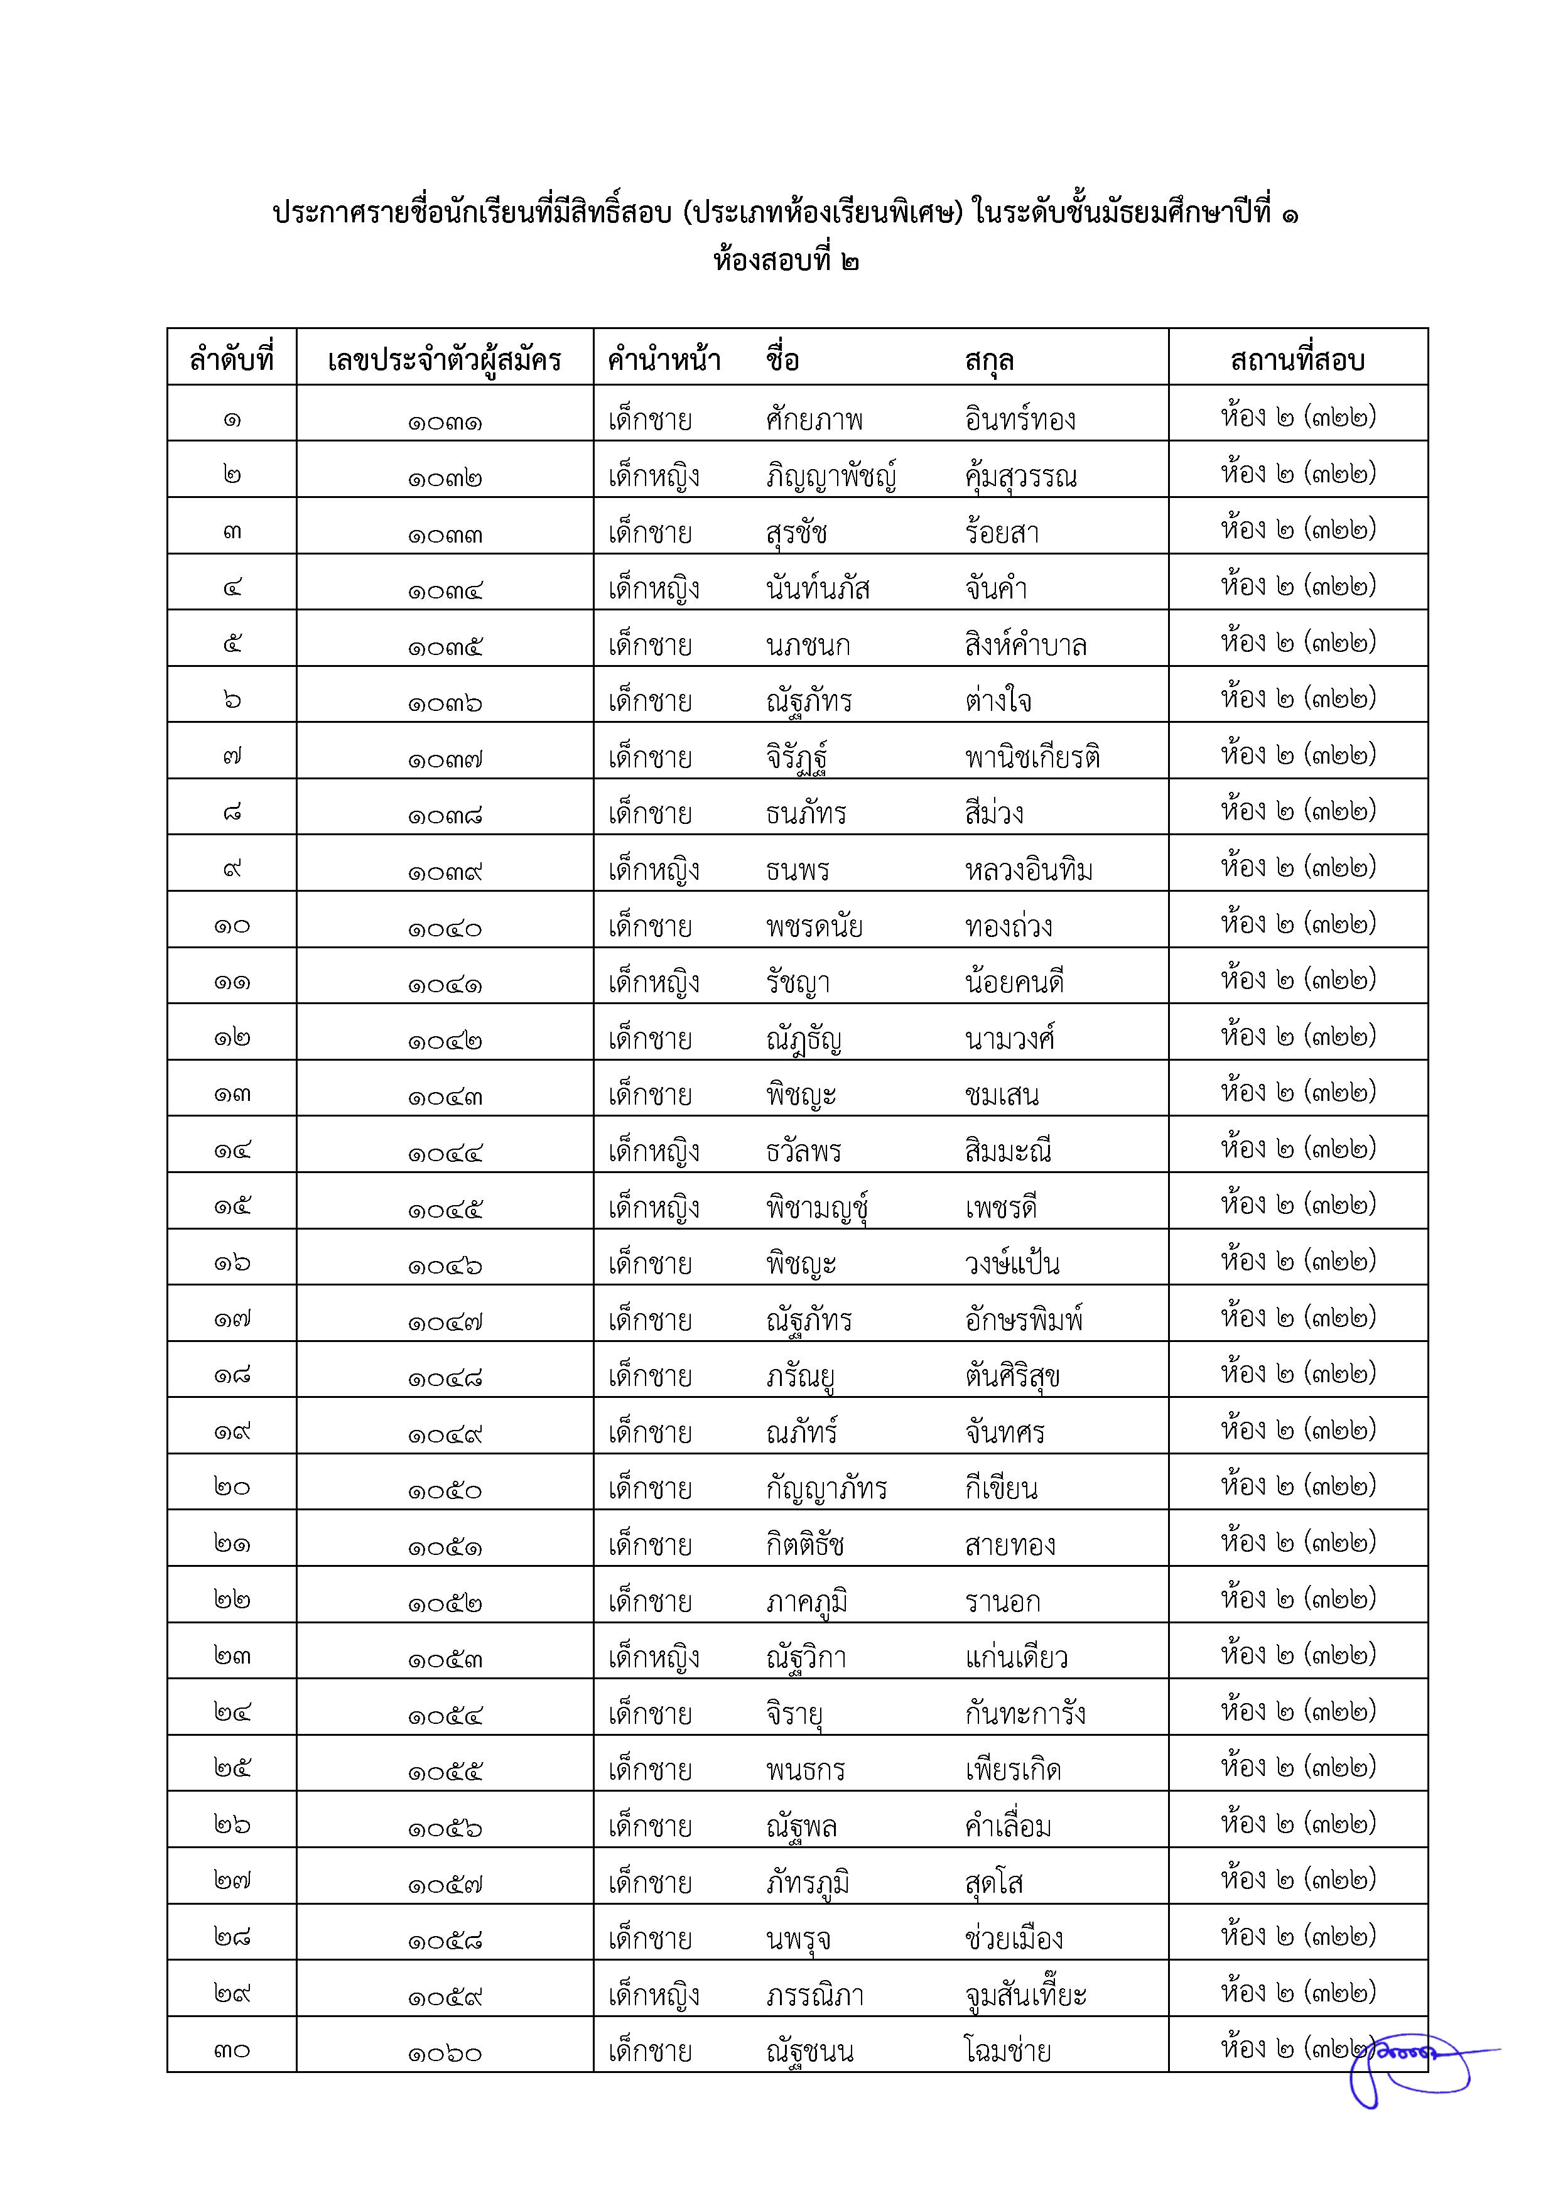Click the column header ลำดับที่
(x=231, y=360)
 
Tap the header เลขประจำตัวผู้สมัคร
(x=444, y=360)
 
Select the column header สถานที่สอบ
(x=1297, y=360)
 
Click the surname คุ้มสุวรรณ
(x=1020, y=477)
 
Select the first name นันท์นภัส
(x=818, y=587)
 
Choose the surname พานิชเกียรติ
(x=1032, y=757)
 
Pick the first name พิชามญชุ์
(x=818, y=1207)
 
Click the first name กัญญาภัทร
(x=826, y=1488)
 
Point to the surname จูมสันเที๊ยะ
(x=1025, y=1995)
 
